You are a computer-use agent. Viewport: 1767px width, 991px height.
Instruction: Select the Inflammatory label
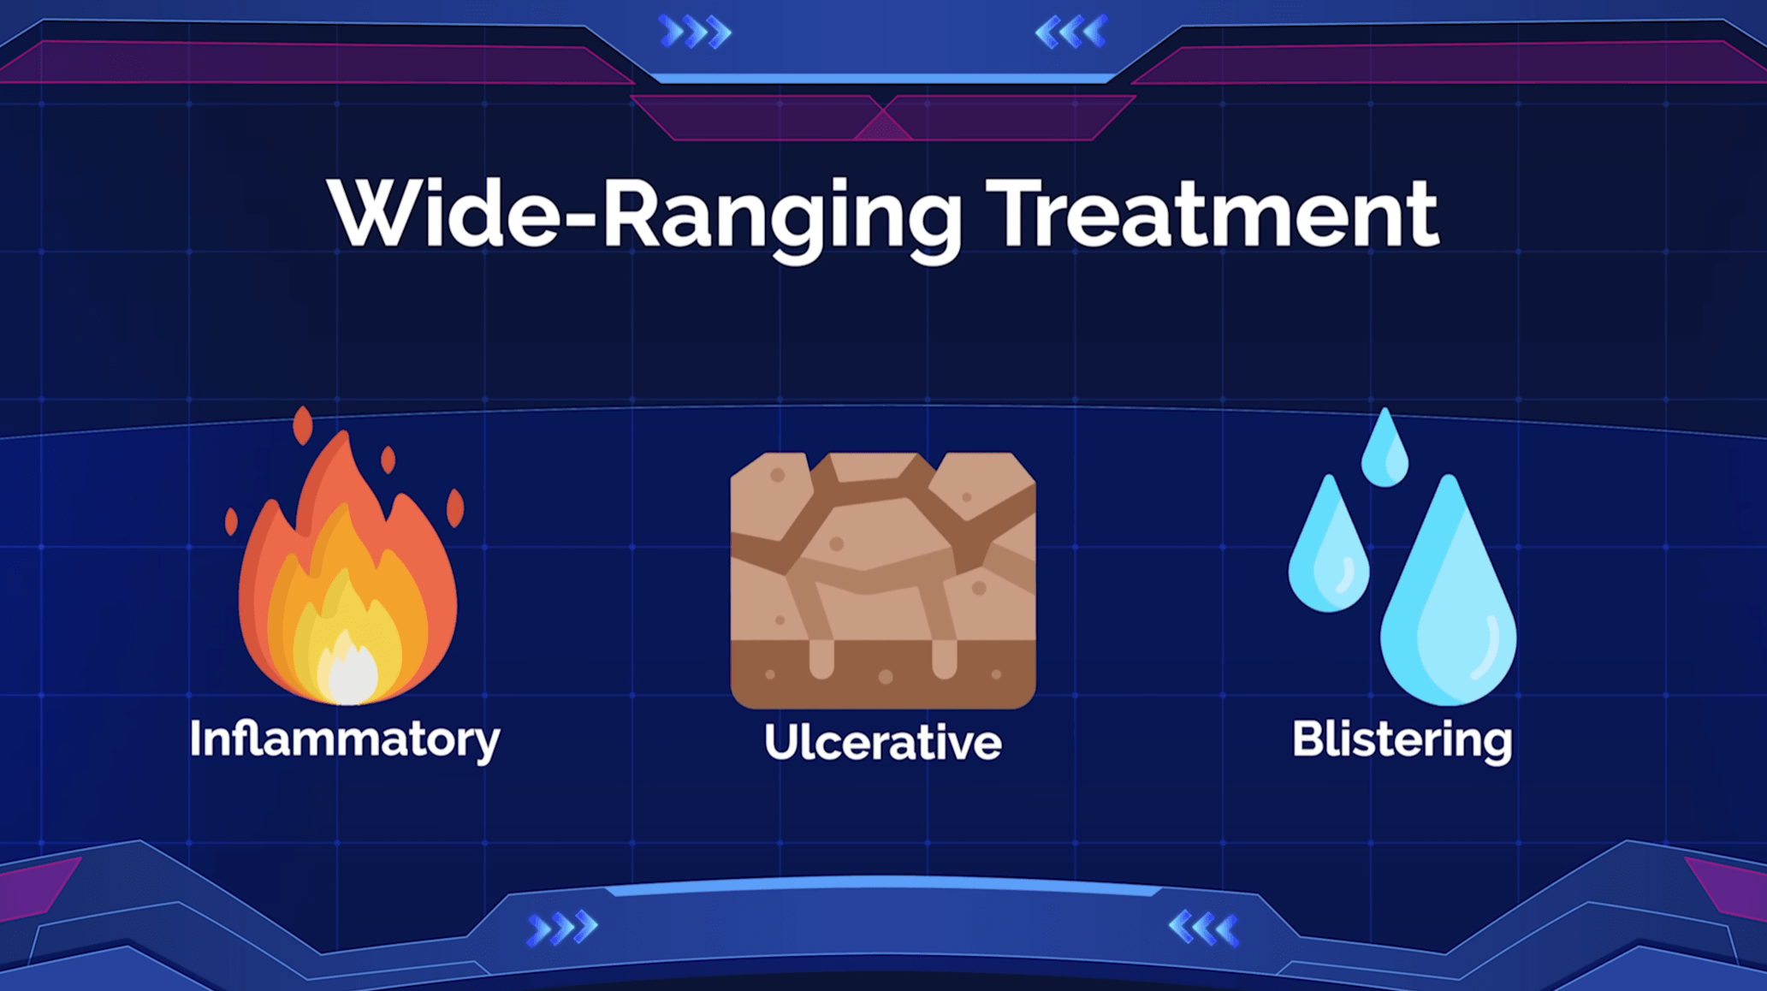pyautogui.click(x=345, y=739)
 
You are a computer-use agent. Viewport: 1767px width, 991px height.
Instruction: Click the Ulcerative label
pyautogui.click(x=883, y=741)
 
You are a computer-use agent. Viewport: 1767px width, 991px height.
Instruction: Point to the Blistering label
pyautogui.click(x=1402, y=739)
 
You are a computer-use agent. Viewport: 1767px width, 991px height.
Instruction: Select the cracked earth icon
pyautogui.click(x=883, y=580)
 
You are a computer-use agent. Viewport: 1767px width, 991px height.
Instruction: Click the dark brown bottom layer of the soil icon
pyautogui.click(x=883, y=674)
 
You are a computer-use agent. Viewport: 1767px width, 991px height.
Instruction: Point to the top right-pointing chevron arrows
pyautogui.click(x=696, y=33)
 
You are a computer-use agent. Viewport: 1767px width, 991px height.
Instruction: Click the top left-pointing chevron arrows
pyautogui.click(x=1071, y=33)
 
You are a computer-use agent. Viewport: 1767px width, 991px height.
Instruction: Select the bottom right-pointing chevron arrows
pyautogui.click(x=562, y=929)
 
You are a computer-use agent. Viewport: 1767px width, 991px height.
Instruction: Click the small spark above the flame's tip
pyautogui.click(x=303, y=425)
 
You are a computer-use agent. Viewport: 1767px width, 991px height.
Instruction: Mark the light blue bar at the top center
pyautogui.click(x=883, y=79)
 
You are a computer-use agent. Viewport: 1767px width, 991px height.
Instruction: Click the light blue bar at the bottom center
pyautogui.click(x=883, y=886)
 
